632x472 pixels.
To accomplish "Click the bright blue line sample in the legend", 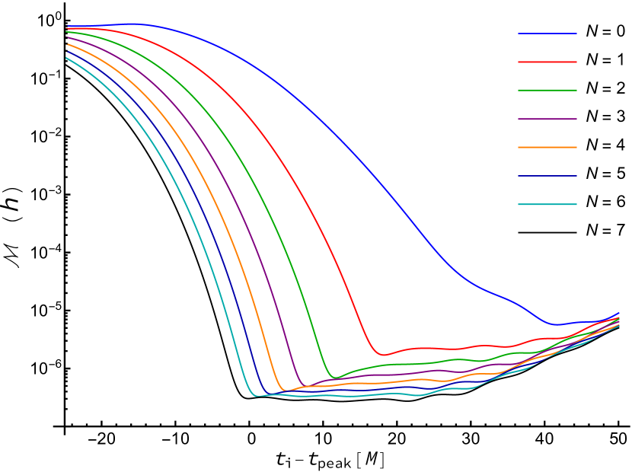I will tap(547, 33).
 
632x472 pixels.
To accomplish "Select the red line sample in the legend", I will tap(547, 62).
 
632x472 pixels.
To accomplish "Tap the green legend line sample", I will tap(547, 90).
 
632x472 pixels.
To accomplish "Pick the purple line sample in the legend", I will tap(547, 119).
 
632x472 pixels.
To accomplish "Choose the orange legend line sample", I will tap(547, 147).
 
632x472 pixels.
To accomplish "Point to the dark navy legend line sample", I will tap(547, 176).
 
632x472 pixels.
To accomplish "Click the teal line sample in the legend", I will tap(547, 204).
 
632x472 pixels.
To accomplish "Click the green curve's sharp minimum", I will tap(335, 378).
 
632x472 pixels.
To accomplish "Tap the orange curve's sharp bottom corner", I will tap(286, 391).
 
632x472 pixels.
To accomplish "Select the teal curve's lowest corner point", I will tap(255, 396).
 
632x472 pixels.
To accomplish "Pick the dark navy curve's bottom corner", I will tap(267, 394).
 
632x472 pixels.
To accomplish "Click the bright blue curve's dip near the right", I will tap(557, 324).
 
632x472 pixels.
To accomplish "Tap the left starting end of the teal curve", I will tap(66, 58).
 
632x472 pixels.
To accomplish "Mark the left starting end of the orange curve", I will tap(66, 44).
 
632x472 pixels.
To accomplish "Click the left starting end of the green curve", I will tap(66, 32).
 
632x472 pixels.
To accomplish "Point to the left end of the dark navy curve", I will tap(66, 51).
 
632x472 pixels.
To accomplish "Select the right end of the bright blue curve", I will tap(620, 312).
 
